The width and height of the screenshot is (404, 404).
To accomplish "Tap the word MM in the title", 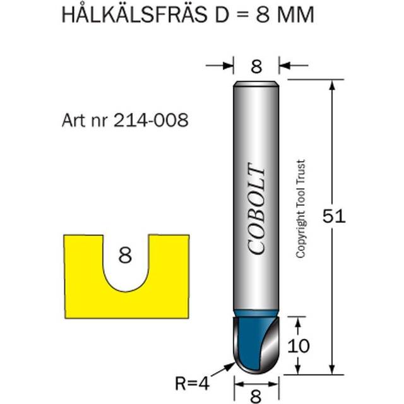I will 294,15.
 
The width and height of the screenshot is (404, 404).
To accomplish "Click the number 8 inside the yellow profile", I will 125,256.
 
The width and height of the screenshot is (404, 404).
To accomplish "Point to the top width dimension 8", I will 256,66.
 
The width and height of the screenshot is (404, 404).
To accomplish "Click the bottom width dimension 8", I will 256,396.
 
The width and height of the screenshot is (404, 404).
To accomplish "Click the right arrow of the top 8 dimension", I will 285,64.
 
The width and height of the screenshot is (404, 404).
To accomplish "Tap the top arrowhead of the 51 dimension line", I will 332,85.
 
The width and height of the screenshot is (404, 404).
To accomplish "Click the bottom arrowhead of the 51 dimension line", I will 332,372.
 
